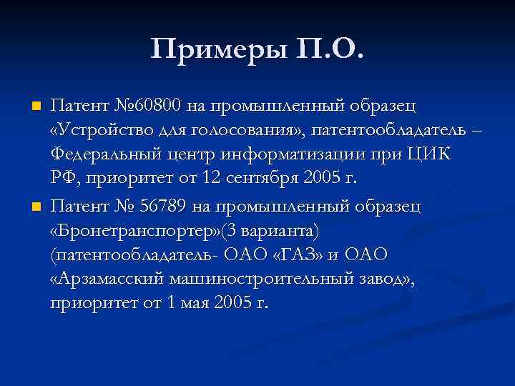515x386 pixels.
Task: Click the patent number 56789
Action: click(159, 207)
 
